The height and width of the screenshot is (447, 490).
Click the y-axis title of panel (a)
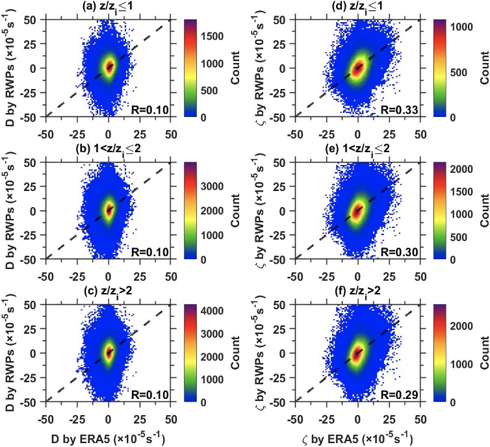click(x=11, y=68)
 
